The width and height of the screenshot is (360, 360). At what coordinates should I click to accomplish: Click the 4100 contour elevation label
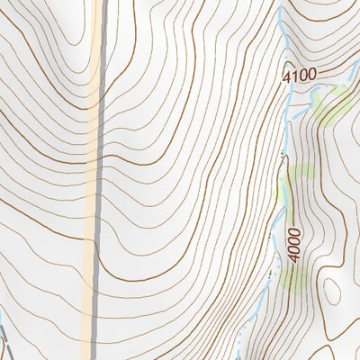click(x=299, y=75)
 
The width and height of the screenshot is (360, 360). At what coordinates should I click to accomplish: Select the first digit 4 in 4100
click(x=286, y=77)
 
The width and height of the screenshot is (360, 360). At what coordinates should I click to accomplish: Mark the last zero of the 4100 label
click(x=311, y=73)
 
